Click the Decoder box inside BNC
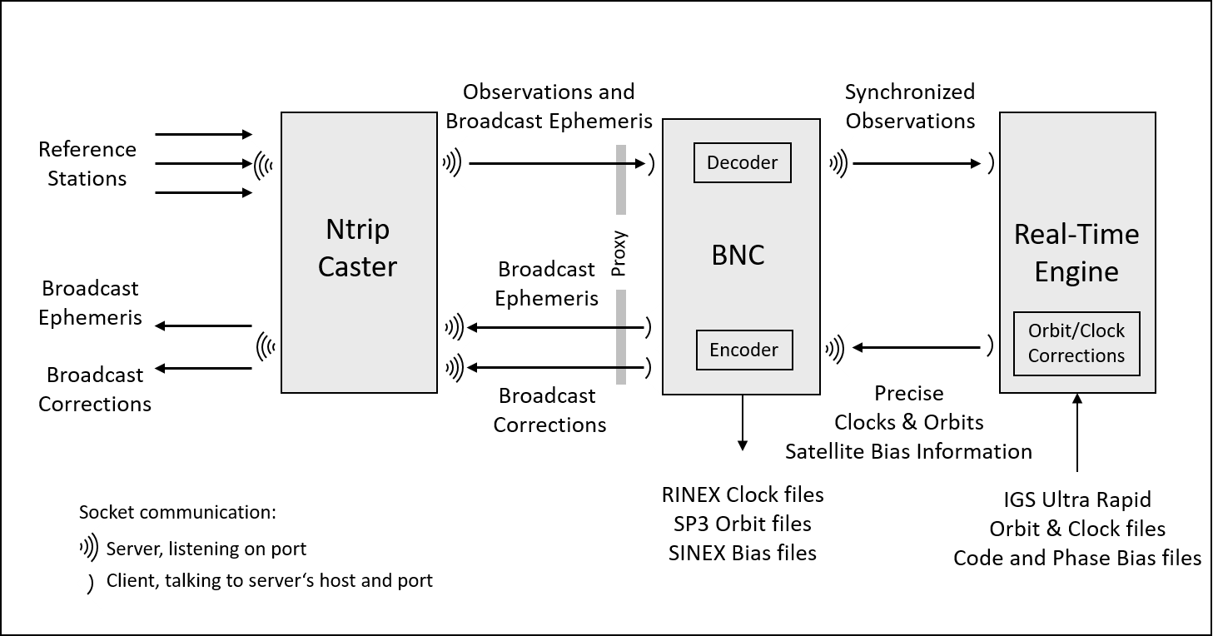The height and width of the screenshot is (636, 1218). [742, 163]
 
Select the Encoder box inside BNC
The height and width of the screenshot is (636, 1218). [743, 350]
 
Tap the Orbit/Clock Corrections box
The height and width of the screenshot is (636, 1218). [1076, 343]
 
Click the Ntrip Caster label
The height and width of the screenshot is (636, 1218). [358, 247]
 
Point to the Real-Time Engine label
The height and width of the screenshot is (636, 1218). [1076, 253]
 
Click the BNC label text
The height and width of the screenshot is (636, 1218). [738, 255]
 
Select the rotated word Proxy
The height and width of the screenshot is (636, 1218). [619, 253]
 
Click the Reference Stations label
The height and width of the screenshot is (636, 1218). [87, 164]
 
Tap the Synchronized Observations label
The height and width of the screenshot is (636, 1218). [909, 106]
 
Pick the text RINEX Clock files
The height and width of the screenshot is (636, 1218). [742, 494]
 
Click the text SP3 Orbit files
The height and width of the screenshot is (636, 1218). [742, 524]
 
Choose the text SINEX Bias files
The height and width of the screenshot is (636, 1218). [742, 553]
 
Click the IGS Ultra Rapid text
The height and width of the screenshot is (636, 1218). [1076, 499]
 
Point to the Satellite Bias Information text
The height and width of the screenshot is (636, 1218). [908, 451]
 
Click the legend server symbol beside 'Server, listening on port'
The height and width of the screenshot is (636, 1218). [88, 548]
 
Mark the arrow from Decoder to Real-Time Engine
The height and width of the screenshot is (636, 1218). [917, 164]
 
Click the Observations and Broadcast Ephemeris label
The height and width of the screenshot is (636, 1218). [549, 106]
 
